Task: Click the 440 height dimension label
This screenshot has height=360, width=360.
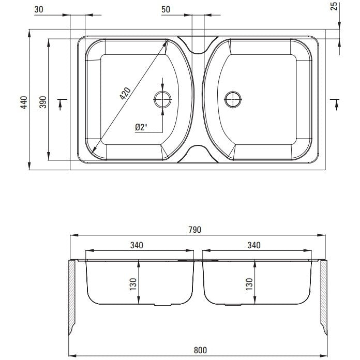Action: (x=24, y=102)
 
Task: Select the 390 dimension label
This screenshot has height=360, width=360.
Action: (x=43, y=102)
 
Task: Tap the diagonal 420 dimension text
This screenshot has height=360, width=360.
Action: (x=125, y=94)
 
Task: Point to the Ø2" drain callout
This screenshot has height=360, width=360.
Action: (x=141, y=127)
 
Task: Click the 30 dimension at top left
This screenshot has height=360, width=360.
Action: (x=39, y=9)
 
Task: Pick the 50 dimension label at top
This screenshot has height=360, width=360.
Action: (x=166, y=9)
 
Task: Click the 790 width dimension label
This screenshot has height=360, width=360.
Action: (x=195, y=230)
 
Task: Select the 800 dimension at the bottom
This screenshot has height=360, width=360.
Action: (x=200, y=350)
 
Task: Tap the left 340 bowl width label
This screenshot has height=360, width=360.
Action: (x=137, y=245)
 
